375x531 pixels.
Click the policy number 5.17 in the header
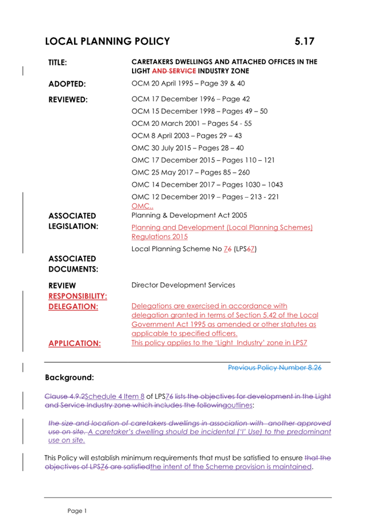pos(304,41)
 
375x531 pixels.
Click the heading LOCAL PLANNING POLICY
pos(107,41)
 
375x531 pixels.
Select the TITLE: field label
pos(58,62)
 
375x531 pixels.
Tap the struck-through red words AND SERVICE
pos(173,71)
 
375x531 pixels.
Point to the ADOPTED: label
pos(67,84)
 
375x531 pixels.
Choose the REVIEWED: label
pos(68,99)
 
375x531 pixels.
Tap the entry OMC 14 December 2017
pos(207,184)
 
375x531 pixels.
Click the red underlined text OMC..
pos(142,206)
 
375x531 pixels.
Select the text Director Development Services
pos(183,284)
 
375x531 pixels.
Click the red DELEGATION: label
pos(73,306)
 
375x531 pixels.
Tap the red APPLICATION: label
pos(75,343)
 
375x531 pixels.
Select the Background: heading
pos(69,378)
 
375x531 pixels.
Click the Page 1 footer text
pos(76,510)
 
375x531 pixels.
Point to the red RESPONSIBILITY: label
pos(78,295)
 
